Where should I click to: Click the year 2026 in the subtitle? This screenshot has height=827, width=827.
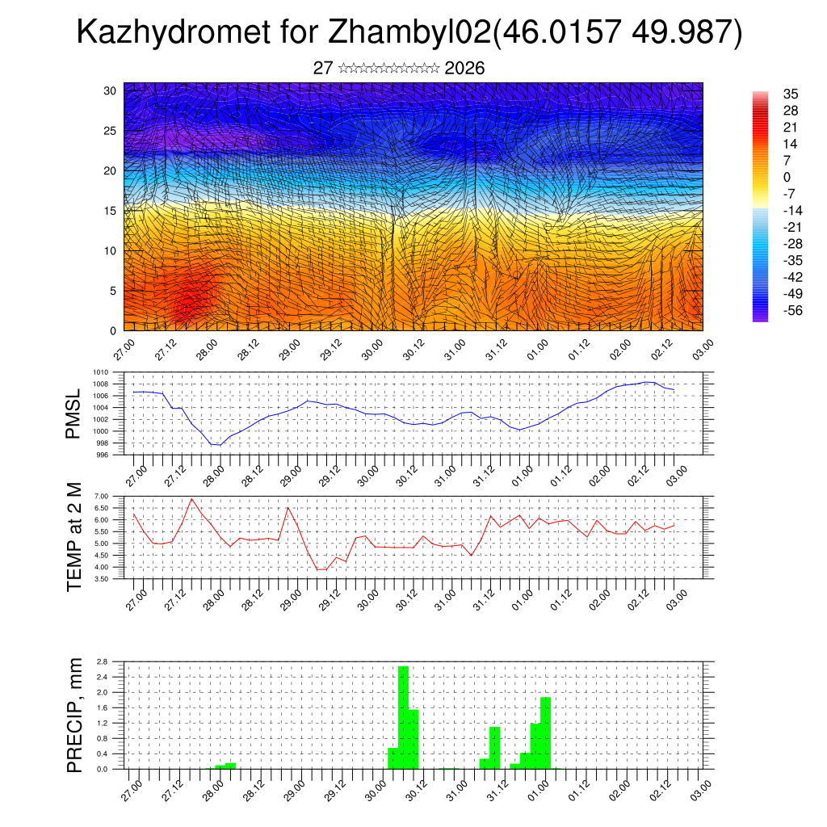[464, 69]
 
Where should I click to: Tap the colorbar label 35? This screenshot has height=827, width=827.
[791, 94]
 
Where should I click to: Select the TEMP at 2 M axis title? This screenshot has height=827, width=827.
[74, 536]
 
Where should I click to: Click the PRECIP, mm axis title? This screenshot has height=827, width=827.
[74, 715]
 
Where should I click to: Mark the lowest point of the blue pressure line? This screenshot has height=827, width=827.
[216, 445]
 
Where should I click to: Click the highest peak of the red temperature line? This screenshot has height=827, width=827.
[191, 498]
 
